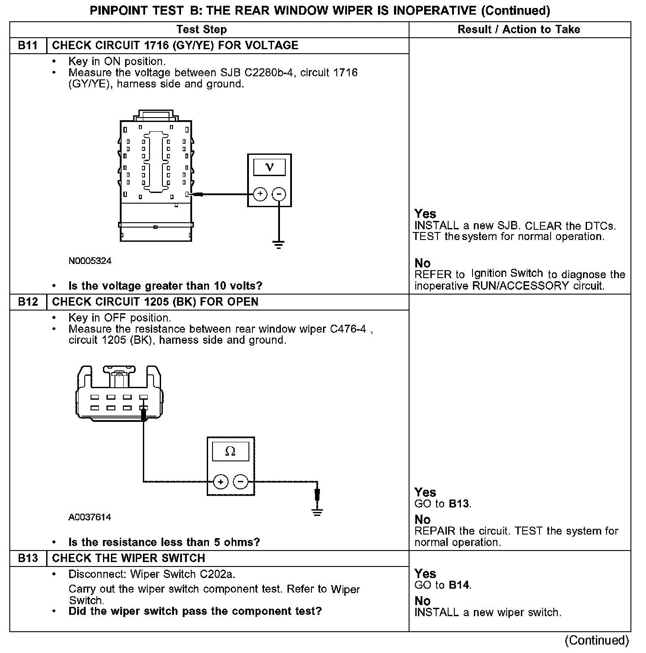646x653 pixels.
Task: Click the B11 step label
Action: pyautogui.click(x=28, y=46)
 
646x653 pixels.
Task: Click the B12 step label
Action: pyautogui.click(x=28, y=302)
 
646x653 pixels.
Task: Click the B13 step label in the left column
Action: pyautogui.click(x=28, y=559)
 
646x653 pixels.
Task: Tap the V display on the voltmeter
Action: pyautogui.click(x=269, y=167)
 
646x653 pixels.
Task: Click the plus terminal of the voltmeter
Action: pyautogui.click(x=260, y=194)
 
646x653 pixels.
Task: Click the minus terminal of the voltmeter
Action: pyautogui.click(x=279, y=194)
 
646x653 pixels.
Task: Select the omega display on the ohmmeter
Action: pyautogui.click(x=230, y=452)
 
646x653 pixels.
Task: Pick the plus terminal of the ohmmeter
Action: pyautogui.click(x=221, y=481)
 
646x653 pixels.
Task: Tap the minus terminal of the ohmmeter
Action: pyautogui.click(x=240, y=481)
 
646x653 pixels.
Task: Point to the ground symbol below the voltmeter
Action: pyautogui.click(x=279, y=244)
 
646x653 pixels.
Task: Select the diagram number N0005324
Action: pyautogui.click(x=90, y=261)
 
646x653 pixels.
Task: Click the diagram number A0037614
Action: pyautogui.click(x=90, y=517)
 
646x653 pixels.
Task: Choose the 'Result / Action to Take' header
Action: pyautogui.click(x=519, y=30)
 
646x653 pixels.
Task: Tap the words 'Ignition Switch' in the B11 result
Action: pyautogui.click(x=507, y=273)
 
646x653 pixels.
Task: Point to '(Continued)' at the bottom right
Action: pyautogui.click(x=597, y=640)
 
